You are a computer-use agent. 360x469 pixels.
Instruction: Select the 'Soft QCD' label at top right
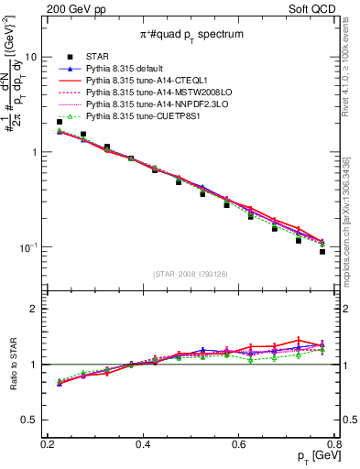[311, 8]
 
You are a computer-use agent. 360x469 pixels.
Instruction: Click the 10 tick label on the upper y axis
[30, 57]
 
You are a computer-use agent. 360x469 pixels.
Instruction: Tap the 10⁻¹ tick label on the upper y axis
[27, 247]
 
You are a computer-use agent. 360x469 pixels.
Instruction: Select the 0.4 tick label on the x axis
[143, 444]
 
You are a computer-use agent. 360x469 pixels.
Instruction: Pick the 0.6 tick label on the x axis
[239, 444]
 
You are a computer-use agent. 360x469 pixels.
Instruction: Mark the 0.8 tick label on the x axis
[334, 444]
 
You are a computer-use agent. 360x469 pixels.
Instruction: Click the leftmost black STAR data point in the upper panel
[60, 122]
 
